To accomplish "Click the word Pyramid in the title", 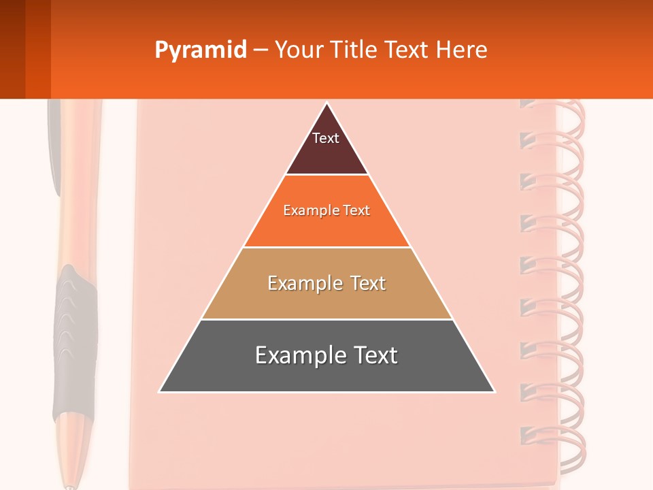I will pos(201,50).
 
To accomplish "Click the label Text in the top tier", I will pos(326,138).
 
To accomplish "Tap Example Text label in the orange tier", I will pos(326,210).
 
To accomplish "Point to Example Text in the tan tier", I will pos(326,283).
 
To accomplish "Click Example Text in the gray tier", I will pos(326,355).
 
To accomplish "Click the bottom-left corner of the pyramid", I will pos(160,391).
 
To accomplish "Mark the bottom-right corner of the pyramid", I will pos(494,391).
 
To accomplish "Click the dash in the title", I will pos(261,50).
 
